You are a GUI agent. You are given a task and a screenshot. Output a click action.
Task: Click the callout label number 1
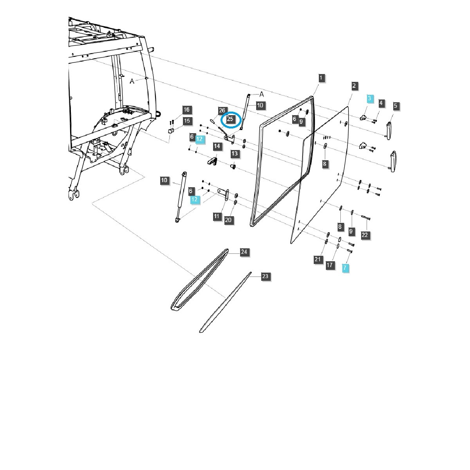tap(321, 78)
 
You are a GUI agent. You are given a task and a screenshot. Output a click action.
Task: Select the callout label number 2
tap(354, 86)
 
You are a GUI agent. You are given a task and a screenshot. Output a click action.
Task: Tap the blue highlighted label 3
tap(370, 99)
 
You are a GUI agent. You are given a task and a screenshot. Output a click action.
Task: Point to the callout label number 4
tap(381, 103)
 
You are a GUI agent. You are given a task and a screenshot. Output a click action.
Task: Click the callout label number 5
tap(396, 105)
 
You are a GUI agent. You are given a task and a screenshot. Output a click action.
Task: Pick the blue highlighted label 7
tap(345, 268)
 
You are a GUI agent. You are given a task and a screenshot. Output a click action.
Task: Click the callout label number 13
tap(234, 154)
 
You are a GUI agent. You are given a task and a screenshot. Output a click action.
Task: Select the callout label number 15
tap(187, 121)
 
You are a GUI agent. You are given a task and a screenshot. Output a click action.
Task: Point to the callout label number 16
tap(186, 110)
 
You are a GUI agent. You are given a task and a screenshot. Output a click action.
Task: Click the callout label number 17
tap(330, 265)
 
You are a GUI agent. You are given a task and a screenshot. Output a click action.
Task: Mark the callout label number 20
tap(229, 220)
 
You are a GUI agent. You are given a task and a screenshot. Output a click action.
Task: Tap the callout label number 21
tap(318, 259)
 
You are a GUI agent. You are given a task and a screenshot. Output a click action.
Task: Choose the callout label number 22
tap(365, 235)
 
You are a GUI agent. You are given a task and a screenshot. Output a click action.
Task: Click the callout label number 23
tap(265, 277)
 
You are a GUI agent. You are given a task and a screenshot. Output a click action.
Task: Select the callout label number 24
tap(244, 252)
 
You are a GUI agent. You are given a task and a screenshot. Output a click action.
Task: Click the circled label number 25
tap(230, 119)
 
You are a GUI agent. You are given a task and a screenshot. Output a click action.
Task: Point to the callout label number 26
tap(222, 110)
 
